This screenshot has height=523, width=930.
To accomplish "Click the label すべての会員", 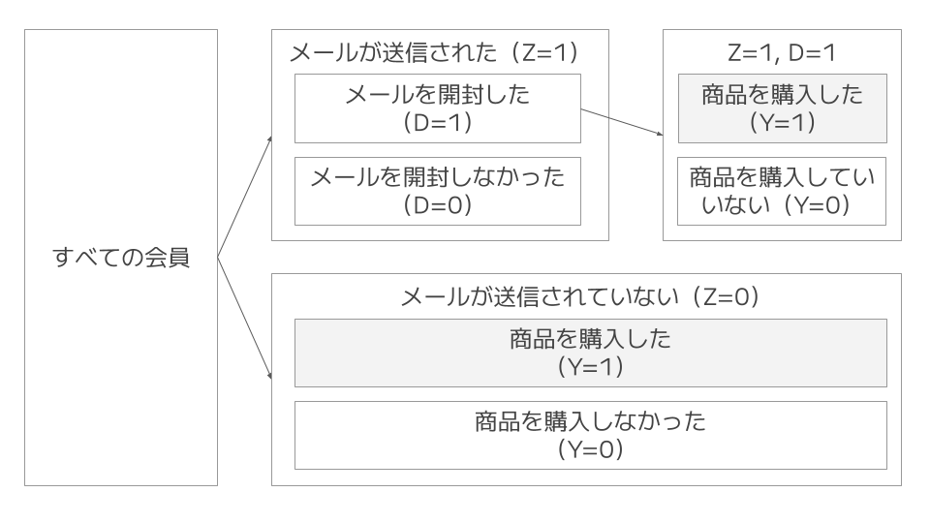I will point(121,258).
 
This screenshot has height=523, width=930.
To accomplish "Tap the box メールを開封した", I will point(438,108).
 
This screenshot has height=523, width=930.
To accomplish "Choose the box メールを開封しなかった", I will point(438,191).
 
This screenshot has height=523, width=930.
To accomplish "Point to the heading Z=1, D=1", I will point(782,52).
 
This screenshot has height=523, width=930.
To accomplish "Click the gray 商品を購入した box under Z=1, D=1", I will point(782,108).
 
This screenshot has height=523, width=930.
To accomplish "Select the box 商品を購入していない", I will point(782,191).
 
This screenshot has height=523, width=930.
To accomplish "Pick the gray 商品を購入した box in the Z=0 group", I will point(590,354).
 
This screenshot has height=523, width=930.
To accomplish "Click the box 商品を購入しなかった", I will point(590,436).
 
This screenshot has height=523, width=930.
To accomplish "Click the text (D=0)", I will point(438,205).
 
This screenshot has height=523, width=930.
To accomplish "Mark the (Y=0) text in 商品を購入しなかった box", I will point(590,450).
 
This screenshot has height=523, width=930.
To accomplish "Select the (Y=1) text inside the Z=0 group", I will point(590,368).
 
